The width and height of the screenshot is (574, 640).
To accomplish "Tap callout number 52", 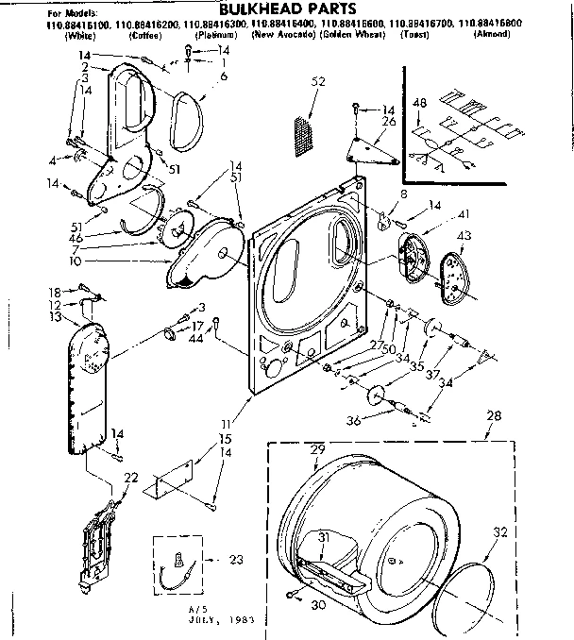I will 318,82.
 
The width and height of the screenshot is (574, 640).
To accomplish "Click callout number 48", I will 421,103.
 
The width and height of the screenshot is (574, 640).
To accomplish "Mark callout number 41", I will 437,215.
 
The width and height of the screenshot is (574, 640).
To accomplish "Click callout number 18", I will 55,292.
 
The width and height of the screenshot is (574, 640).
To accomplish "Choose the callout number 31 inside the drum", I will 323,536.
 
